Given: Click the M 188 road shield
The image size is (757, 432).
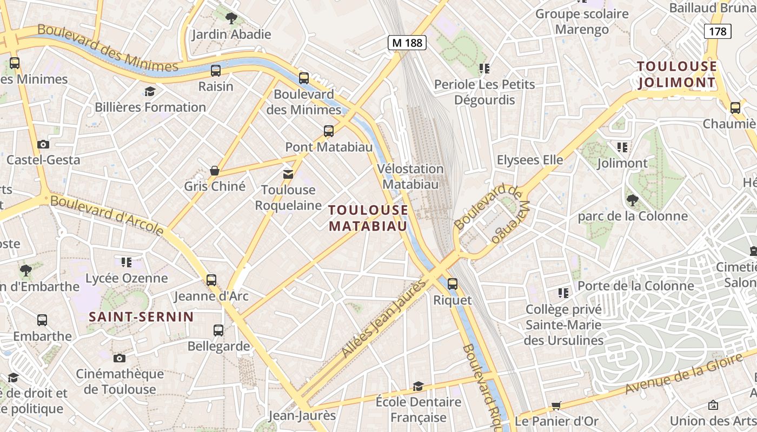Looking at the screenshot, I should pos(407,43).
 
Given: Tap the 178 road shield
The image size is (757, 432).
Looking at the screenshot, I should pos(718,31).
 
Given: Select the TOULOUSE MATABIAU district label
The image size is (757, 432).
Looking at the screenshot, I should pos(368,218).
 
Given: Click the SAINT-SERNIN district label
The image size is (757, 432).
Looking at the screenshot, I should pos(141,317).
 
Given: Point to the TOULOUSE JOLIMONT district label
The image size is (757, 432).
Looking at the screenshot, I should pos(676,75).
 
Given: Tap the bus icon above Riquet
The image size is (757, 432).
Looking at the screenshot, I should pos(453,283).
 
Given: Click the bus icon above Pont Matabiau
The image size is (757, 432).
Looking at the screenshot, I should pos(328,131).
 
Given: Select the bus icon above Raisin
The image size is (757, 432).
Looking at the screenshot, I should pos(216,70).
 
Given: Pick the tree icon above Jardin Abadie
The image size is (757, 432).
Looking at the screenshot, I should pos(231,18).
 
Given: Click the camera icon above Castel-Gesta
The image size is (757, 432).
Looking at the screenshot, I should pos(43,144).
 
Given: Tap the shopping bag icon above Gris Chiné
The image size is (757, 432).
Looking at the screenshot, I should pos(215,171).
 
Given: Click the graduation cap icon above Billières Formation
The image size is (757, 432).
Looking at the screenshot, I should pos(150,91).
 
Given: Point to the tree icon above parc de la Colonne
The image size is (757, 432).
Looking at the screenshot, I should pos(632,200).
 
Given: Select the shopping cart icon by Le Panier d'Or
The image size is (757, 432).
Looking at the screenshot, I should pos(556,406).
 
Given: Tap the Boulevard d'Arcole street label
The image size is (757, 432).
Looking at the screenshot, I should pos(107,215).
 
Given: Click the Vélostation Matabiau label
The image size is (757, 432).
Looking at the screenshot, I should pos(410,176).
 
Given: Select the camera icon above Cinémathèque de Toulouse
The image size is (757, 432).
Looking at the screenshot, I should pos(119,358).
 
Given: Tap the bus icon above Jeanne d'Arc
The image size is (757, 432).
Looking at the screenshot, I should pos(211,280).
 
